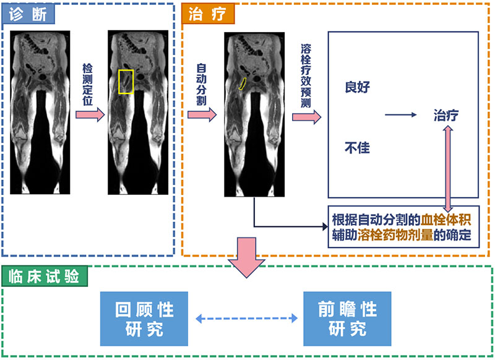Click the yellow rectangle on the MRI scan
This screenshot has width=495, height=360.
[x=126, y=82]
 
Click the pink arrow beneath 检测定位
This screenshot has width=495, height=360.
[x=90, y=116]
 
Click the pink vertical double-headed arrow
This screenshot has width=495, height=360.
[x=447, y=168]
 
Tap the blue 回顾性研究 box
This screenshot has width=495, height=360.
[x=145, y=319]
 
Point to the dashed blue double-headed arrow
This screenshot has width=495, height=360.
[x=246, y=319]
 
